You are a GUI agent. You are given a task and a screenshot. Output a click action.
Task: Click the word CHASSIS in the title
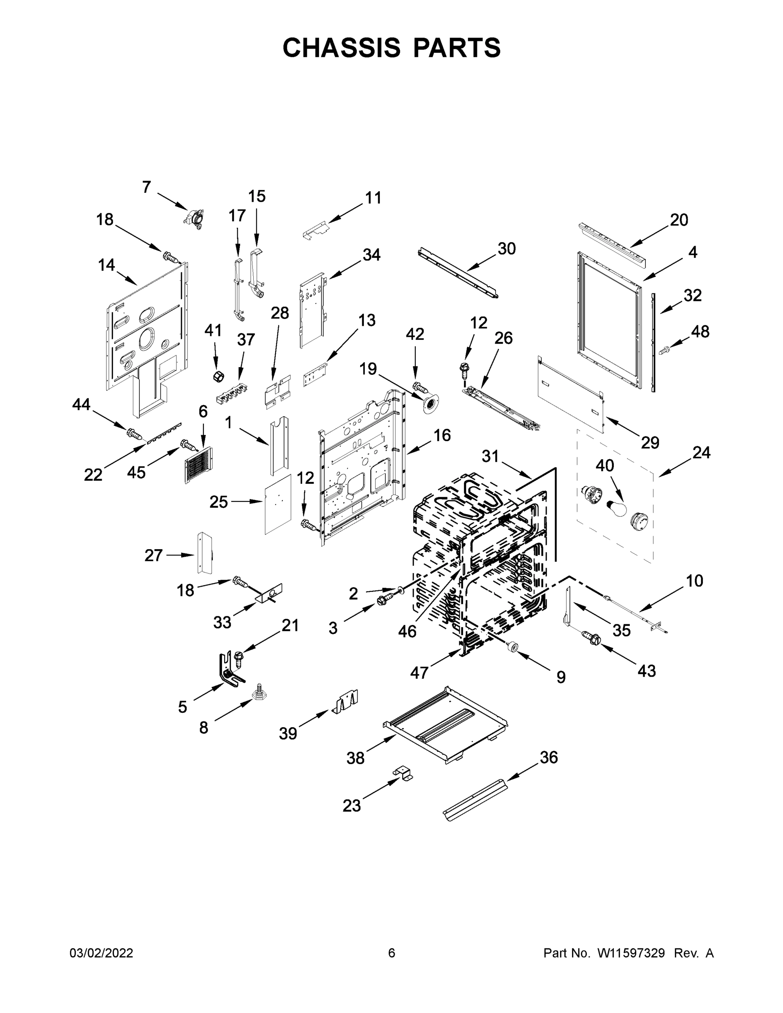341,47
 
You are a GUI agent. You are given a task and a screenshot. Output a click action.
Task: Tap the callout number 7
146,187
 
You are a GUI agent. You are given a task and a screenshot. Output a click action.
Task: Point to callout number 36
548,758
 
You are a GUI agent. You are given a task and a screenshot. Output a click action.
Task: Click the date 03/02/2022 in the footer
101,953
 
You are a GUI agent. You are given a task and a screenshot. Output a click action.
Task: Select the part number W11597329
631,953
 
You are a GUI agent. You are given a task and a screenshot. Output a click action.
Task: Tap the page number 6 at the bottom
392,953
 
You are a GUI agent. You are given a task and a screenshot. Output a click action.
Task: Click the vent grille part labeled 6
198,465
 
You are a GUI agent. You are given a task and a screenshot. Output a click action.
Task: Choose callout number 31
490,456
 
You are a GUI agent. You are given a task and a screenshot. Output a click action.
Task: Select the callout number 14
106,265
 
